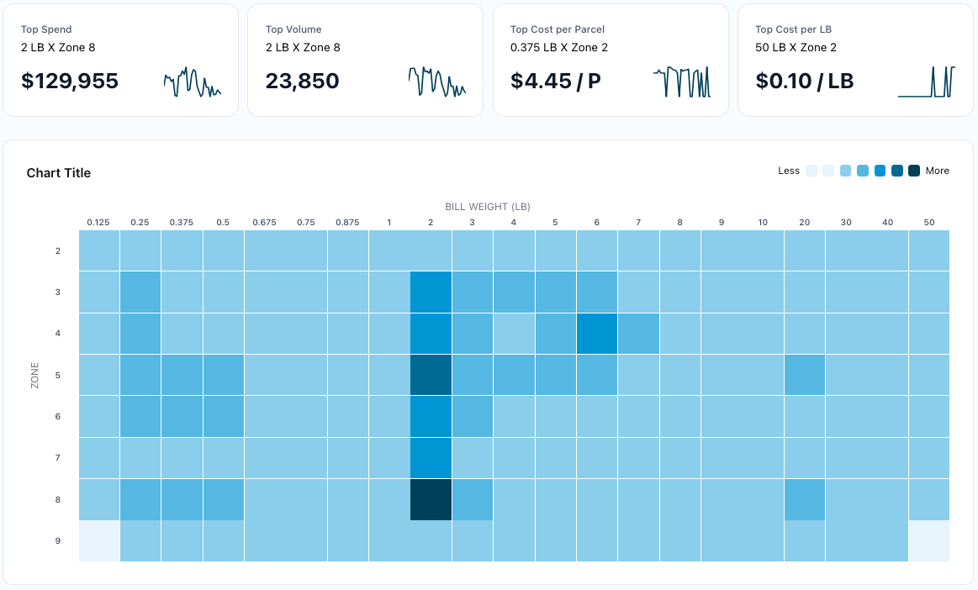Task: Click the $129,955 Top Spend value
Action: pos(70,81)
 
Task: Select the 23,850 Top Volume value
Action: pos(302,81)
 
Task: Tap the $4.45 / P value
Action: pos(555,81)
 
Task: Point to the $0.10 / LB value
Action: pos(804,81)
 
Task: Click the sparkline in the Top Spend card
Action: pos(192,82)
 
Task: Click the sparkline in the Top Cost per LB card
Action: pos(926,82)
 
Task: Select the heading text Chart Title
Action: pos(59,173)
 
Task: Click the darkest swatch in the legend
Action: pos(914,171)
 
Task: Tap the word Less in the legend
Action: pos(789,171)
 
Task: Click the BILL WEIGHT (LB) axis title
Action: pos(488,207)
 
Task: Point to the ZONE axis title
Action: pos(34,375)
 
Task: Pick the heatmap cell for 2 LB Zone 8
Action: pos(431,500)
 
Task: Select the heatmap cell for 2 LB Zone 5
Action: pos(431,375)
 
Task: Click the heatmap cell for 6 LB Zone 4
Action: pos(596,334)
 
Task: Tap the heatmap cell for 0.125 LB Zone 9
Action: pos(99,541)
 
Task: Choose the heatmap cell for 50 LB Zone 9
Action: pos(928,541)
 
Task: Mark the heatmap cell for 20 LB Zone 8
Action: pos(804,500)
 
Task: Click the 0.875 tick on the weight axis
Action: pos(347,223)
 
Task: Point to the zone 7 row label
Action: pos(58,458)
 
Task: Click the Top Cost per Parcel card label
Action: pos(555,29)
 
